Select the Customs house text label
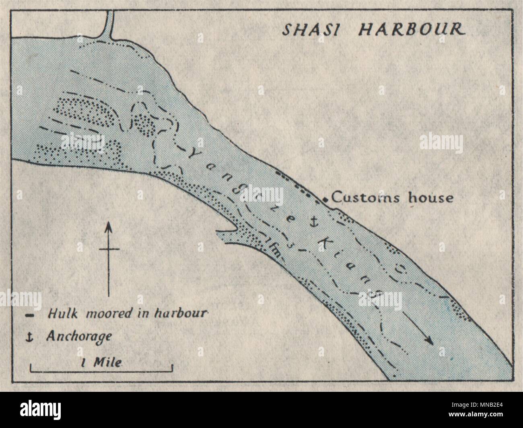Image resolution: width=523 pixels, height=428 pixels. pyautogui.click(x=392, y=198)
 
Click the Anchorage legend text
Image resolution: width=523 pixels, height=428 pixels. pyautogui.click(x=79, y=336)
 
